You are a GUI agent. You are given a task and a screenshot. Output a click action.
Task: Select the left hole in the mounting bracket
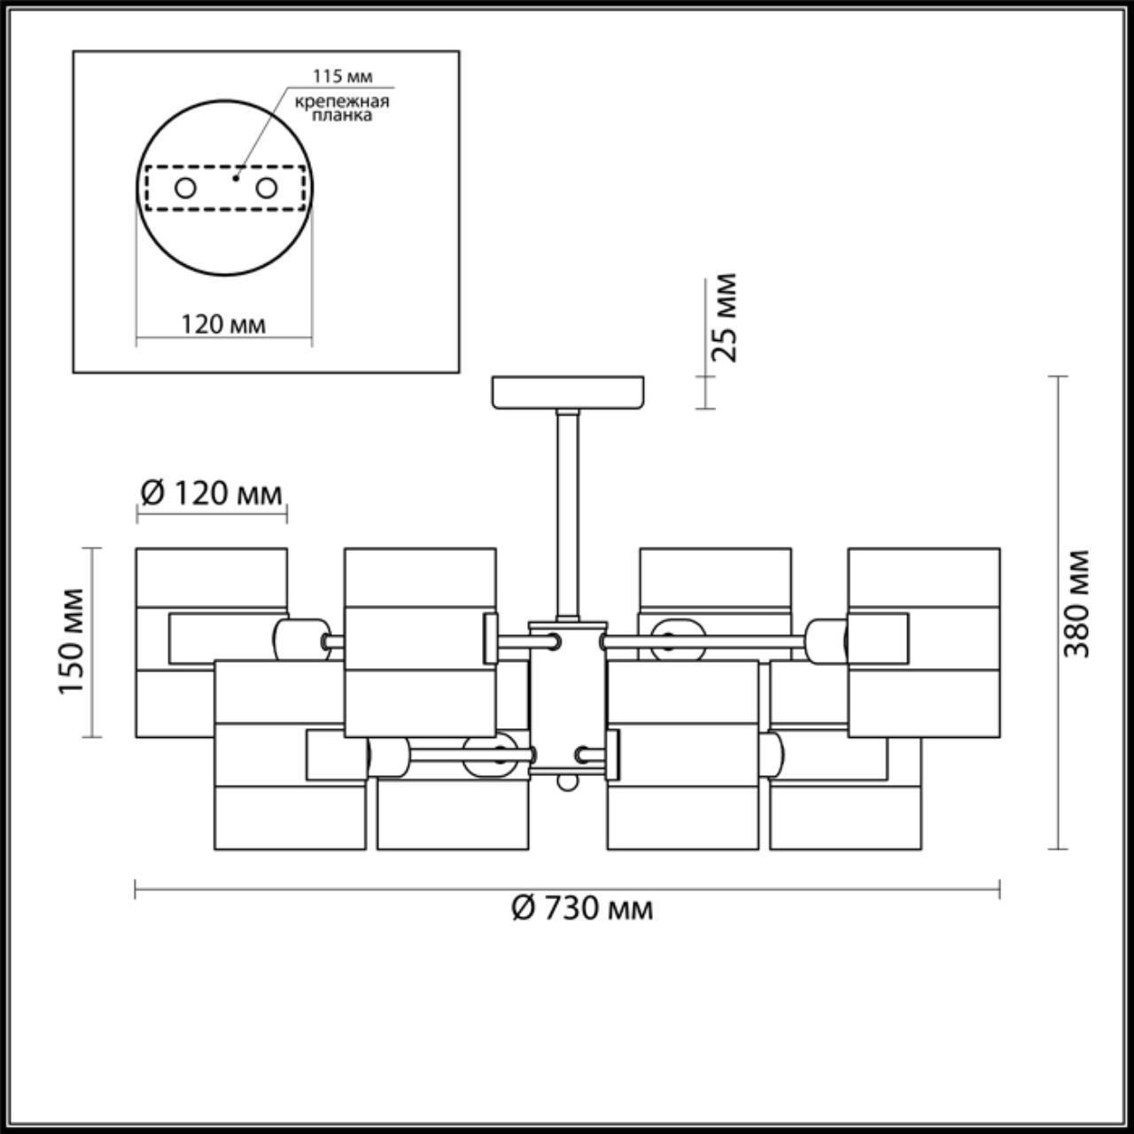pyautogui.click(x=185, y=188)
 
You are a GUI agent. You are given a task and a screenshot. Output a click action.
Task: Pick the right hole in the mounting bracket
pyautogui.click(x=265, y=188)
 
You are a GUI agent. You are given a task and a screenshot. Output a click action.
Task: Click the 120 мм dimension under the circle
pyautogui.click(x=223, y=324)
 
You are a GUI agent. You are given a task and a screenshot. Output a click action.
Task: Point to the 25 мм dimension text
pyautogui.click(x=725, y=317)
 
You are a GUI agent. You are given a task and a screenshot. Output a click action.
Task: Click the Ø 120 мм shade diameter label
pyautogui.click(x=212, y=492)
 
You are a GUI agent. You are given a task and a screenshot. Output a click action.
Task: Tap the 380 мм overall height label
pyautogui.click(x=1076, y=603)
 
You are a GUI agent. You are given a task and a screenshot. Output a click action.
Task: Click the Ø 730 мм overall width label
pyautogui.click(x=582, y=907)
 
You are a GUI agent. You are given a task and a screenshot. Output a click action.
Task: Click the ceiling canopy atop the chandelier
pyautogui.click(x=568, y=392)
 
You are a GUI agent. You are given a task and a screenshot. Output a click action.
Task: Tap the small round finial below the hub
pyautogui.click(x=567, y=783)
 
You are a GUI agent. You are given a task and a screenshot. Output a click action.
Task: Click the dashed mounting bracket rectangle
pyautogui.click(x=224, y=188)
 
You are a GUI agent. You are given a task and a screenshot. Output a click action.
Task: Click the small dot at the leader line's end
pyautogui.click(x=236, y=176)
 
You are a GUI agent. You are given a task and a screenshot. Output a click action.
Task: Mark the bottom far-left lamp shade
pyautogui.click(x=290, y=815)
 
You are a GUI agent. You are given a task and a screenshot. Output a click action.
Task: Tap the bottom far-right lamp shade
pyautogui.click(x=844, y=815)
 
